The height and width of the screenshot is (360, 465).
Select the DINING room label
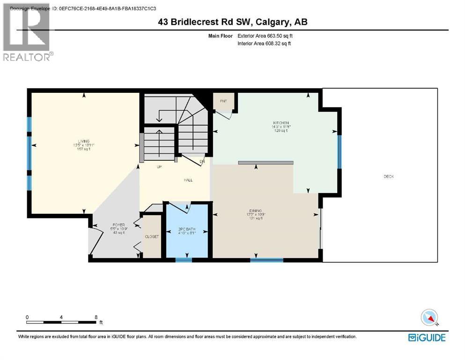[255, 211]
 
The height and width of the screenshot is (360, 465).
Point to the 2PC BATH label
[186, 229]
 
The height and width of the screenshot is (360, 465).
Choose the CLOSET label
[152, 237]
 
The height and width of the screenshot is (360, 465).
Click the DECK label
[389, 177]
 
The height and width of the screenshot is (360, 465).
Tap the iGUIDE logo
[427, 337]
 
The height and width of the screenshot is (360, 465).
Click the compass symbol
[429, 318]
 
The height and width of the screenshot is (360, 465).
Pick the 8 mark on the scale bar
[96, 317]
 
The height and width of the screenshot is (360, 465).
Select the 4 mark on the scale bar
[61, 317]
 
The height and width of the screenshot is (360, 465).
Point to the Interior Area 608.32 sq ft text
[266, 44]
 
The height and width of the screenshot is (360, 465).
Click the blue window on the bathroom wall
[184, 260]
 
